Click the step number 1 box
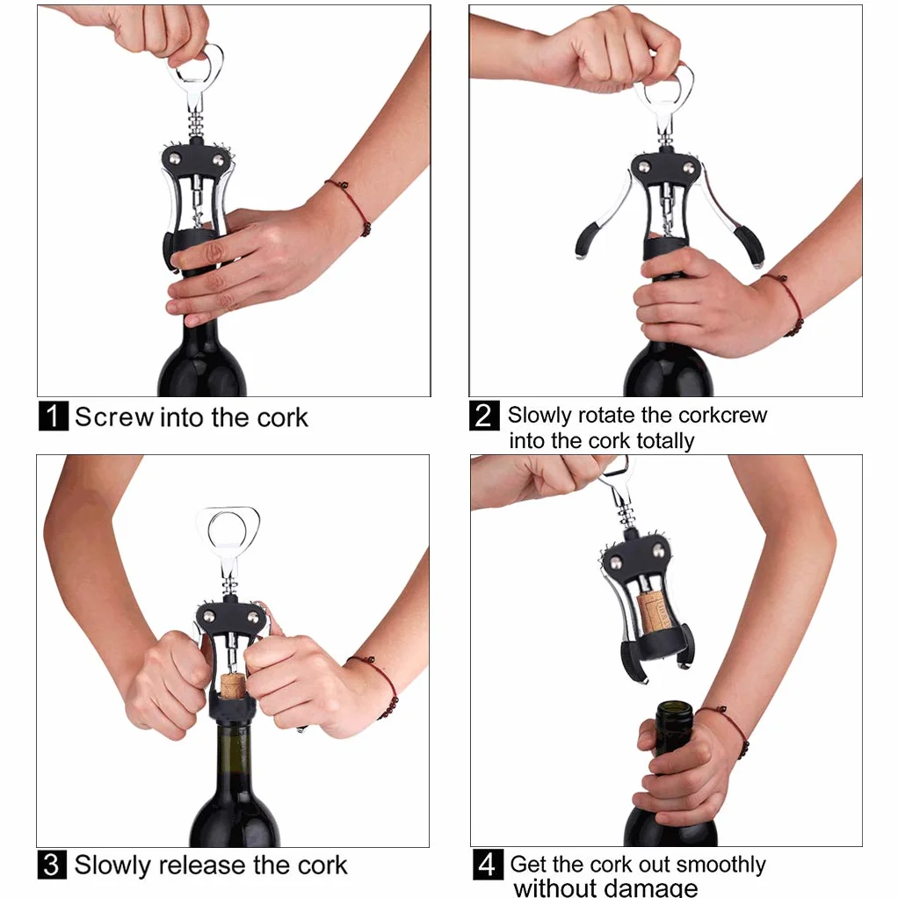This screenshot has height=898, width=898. [x=54, y=416]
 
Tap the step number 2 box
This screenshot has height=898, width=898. [x=484, y=416]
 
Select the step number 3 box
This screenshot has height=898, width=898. [x=52, y=865]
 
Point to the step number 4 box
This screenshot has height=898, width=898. [x=488, y=865]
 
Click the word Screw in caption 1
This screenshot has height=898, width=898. [x=114, y=416]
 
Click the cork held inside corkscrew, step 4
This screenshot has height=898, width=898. [x=652, y=612]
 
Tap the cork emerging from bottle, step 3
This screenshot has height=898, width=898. [x=232, y=686]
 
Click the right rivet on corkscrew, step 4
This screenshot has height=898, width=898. [x=659, y=552]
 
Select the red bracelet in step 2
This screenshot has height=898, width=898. [x=788, y=303]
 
